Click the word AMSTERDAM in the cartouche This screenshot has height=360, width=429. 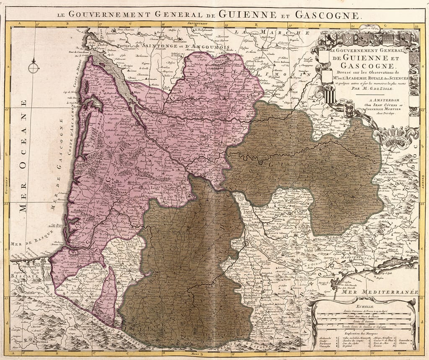tap(376, 100)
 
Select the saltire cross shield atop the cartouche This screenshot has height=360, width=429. tap(350, 39)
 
